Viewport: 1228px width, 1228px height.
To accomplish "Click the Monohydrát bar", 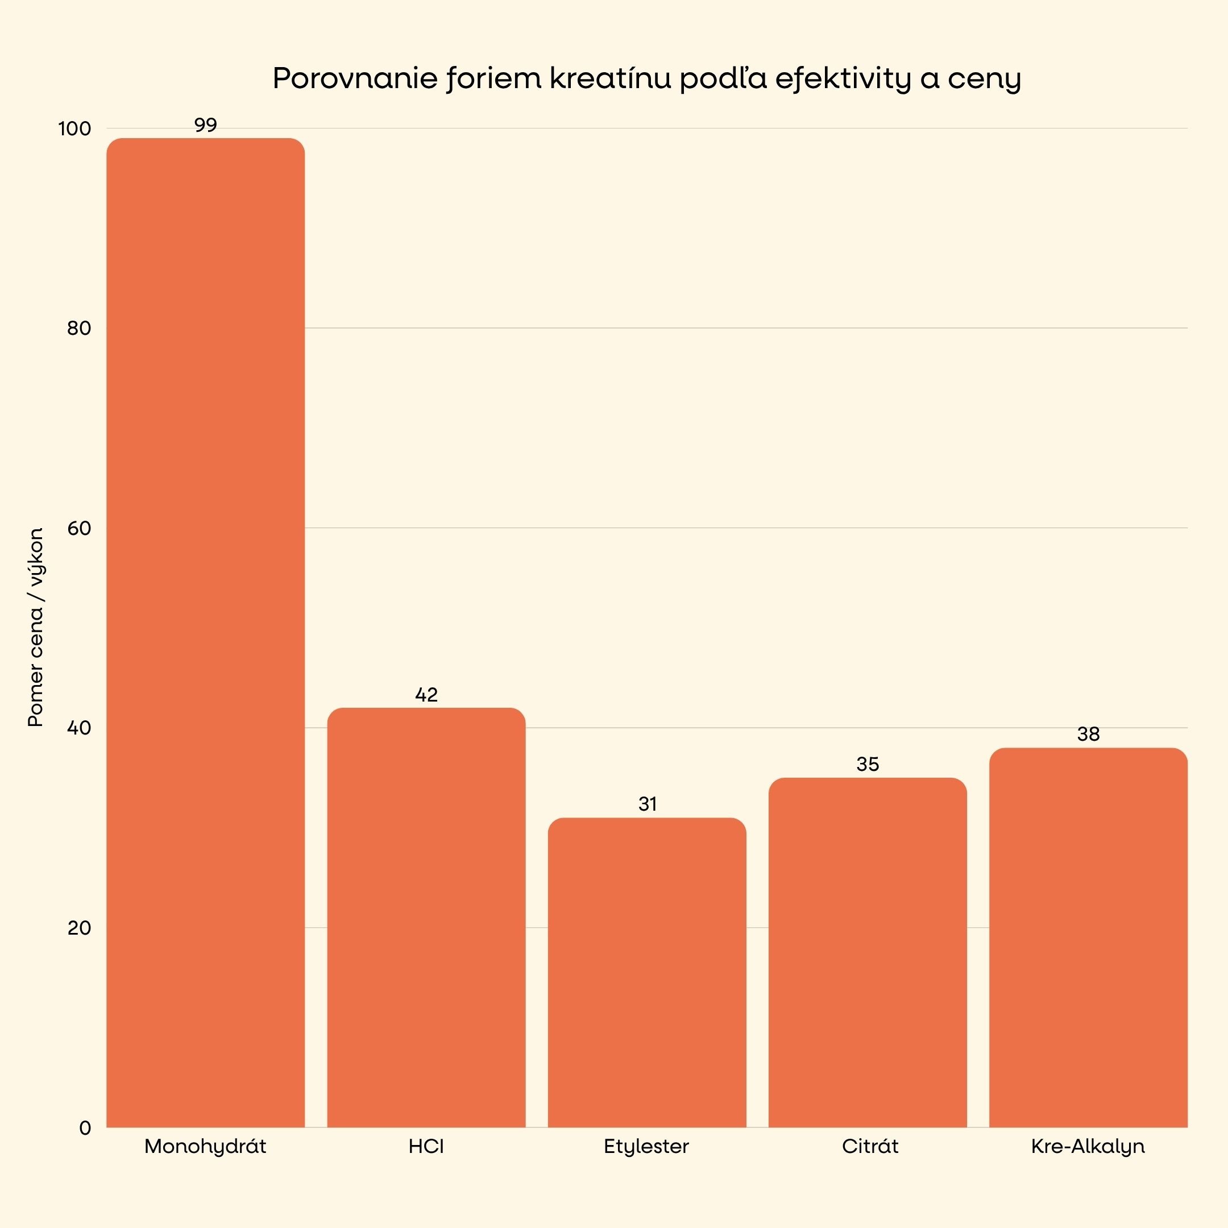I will (205, 632).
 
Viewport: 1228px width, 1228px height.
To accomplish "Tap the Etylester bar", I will (646, 973).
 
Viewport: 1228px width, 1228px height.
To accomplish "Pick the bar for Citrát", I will (867, 953).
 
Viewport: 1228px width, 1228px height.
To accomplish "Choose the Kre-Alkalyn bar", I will (1088, 938).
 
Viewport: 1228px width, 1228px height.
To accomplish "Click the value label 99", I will (205, 125).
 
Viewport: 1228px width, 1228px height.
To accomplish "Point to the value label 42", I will (426, 695).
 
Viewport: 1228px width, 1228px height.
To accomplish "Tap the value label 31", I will (647, 804).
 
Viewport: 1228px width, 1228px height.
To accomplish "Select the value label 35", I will (868, 765).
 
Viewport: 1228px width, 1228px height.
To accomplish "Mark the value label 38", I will (1088, 735).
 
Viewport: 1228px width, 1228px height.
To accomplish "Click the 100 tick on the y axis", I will (75, 129).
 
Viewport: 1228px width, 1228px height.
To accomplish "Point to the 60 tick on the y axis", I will (79, 528).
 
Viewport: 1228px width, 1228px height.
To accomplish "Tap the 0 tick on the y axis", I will (85, 1128).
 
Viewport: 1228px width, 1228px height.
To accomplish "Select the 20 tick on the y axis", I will (79, 928).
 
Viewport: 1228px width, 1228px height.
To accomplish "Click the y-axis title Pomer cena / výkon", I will (36, 627).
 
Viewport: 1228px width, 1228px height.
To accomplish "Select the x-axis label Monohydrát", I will (205, 1147).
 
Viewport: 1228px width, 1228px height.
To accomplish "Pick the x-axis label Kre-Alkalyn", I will (1088, 1147).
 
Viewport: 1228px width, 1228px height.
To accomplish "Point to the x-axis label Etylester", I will (646, 1147).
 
